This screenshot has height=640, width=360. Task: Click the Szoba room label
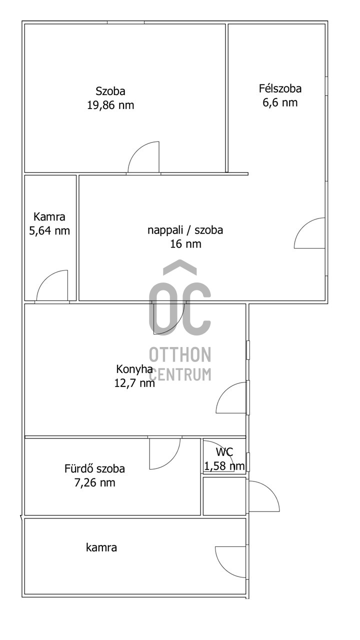pyautogui.click(x=110, y=91)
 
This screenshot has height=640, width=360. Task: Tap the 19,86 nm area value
pyautogui.click(x=110, y=105)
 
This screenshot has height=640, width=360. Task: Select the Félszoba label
pyautogui.click(x=280, y=89)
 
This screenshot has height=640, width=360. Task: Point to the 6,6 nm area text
pyautogui.click(x=280, y=102)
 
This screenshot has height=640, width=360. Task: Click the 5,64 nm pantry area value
pyautogui.click(x=49, y=230)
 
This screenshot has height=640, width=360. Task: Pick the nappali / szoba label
pyautogui.click(x=185, y=230)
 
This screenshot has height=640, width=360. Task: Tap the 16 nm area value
pyautogui.click(x=185, y=244)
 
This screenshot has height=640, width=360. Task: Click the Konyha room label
pyautogui.click(x=134, y=369)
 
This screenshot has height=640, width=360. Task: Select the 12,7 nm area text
pyautogui.click(x=134, y=383)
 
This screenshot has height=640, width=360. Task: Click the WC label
pyautogui.click(x=224, y=452)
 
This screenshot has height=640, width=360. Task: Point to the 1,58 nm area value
pyautogui.click(x=224, y=466)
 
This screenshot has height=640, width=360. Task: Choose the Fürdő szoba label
pyautogui.click(x=94, y=469)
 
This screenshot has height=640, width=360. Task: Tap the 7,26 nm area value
pyautogui.click(x=94, y=483)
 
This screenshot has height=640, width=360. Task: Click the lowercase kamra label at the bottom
pyautogui.click(x=101, y=547)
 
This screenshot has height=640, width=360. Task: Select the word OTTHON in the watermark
pyautogui.click(x=180, y=355)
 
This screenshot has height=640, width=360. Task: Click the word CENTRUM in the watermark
pyautogui.click(x=180, y=373)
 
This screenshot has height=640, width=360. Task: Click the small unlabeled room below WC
pyautogui.click(x=224, y=496)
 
